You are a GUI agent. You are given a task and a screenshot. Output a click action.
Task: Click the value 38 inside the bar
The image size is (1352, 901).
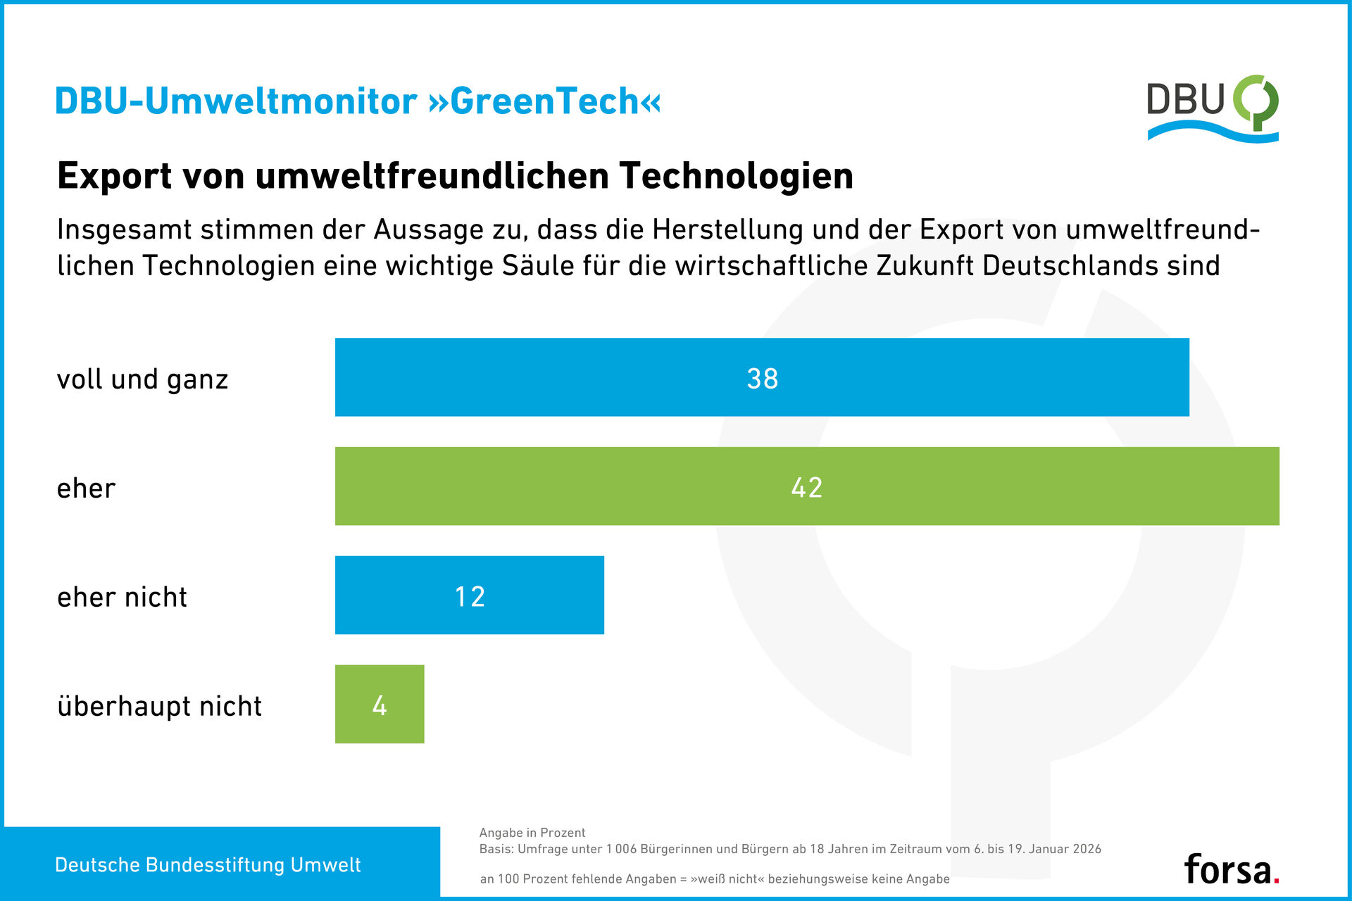[x=762, y=379]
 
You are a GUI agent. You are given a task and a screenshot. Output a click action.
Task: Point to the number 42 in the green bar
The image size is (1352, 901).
[x=807, y=488]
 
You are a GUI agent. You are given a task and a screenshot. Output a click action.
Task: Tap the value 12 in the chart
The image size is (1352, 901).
[x=470, y=597]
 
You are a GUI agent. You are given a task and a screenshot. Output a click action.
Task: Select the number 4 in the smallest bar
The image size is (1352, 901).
[x=380, y=706]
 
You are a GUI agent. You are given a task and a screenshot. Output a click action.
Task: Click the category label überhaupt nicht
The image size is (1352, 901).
[x=159, y=706]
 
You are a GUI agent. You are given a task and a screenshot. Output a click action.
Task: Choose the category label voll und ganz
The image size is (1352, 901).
[x=142, y=379]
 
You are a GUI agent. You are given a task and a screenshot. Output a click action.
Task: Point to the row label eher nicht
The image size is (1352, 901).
[x=122, y=597]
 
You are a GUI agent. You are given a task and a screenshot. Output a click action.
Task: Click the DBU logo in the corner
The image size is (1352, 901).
[x=1213, y=108]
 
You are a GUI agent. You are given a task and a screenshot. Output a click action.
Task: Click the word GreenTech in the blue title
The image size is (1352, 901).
[x=544, y=101]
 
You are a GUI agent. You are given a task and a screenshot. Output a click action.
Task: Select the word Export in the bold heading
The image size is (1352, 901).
[x=114, y=176]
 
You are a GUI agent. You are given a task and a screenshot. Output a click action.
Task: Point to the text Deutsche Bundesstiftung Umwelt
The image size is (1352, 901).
[x=208, y=865]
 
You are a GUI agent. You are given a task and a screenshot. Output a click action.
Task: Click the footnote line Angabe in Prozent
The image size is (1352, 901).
[x=532, y=833]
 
